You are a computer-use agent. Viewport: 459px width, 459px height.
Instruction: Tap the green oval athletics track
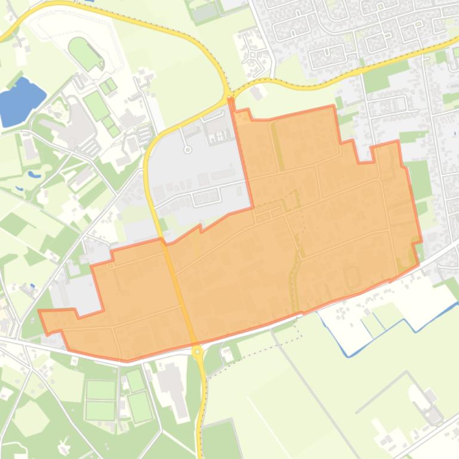[x=85, y=54]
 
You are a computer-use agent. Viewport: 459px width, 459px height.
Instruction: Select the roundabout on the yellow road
[x=198, y=352]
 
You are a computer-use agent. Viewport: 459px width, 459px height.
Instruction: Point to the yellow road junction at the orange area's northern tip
[x=230, y=99]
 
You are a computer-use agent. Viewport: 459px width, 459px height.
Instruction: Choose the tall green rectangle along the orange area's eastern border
[x=418, y=179]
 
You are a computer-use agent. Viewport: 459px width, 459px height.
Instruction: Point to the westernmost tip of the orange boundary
[x=39, y=311]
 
